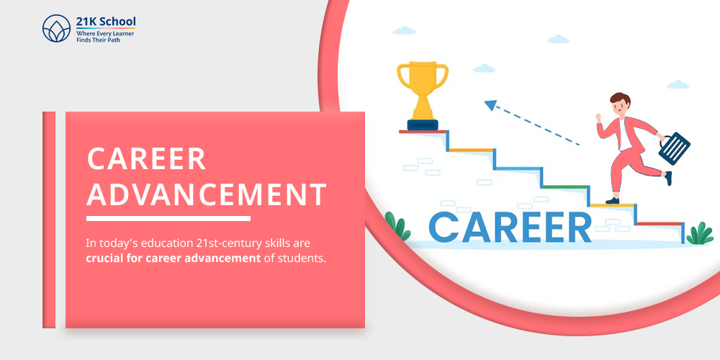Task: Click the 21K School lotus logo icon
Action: point(57,30)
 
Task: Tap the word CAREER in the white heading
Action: point(146,159)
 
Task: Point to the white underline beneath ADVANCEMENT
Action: point(168,218)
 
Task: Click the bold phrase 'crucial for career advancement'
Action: point(173,258)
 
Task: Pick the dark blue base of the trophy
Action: point(422,125)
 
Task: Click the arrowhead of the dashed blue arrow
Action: point(492,106)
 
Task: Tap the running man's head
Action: point(620,104)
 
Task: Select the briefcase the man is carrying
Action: point(674,148)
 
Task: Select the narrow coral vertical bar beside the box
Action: point(49,220)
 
